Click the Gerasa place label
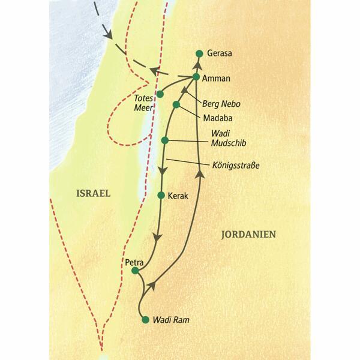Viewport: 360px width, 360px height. click(220, 53)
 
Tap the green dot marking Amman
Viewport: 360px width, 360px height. click(197, 77)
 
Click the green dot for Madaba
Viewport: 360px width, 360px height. click(176, 105)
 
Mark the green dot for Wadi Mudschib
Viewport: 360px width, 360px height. click(165, 140)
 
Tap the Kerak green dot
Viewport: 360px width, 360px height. click(161, 195)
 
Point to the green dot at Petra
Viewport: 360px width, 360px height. click(135, 271)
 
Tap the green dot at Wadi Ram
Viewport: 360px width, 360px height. click(145, 320)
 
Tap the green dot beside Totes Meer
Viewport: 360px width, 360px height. click(160, 94)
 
